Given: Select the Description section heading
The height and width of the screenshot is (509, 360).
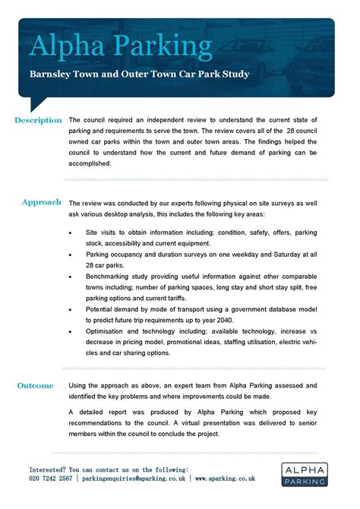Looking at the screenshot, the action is [x=38, y=120].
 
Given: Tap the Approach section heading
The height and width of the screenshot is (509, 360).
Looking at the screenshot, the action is [x=42, y=203].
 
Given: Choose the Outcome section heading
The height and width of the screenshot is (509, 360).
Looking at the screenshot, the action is [x=36, y=386].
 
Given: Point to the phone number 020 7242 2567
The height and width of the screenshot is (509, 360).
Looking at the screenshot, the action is [x=51, y=479].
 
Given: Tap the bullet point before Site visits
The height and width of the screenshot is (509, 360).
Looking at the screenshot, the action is [x=71, y=231].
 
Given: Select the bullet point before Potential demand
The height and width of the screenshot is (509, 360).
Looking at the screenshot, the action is [x=71, y=311].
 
